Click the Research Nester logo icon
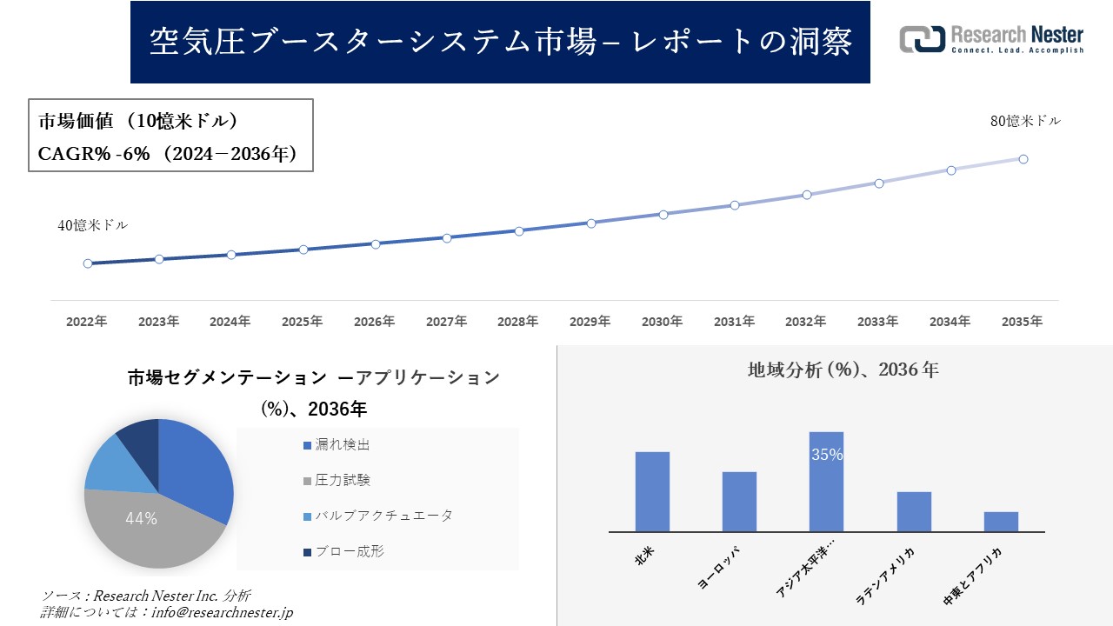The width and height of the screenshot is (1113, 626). point(922,39)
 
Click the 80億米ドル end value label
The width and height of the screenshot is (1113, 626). point(1025,122)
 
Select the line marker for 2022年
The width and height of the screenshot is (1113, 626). point(88,263)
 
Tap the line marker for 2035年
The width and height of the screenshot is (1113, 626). point(1023,159)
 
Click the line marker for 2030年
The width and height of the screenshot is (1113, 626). point(663,214)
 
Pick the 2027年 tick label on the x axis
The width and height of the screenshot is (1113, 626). point(446,322)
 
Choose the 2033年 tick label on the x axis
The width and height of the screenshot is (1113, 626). point(877,322)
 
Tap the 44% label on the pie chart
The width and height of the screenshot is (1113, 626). point(141,519)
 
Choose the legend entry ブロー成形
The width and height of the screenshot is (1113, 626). point(343,551)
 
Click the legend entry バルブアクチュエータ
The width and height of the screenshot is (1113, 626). point(377,516)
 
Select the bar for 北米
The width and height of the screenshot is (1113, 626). point(652,491)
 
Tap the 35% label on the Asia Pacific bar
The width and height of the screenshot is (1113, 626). point(826,455)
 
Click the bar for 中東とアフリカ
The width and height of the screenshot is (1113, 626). point(1001,522)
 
